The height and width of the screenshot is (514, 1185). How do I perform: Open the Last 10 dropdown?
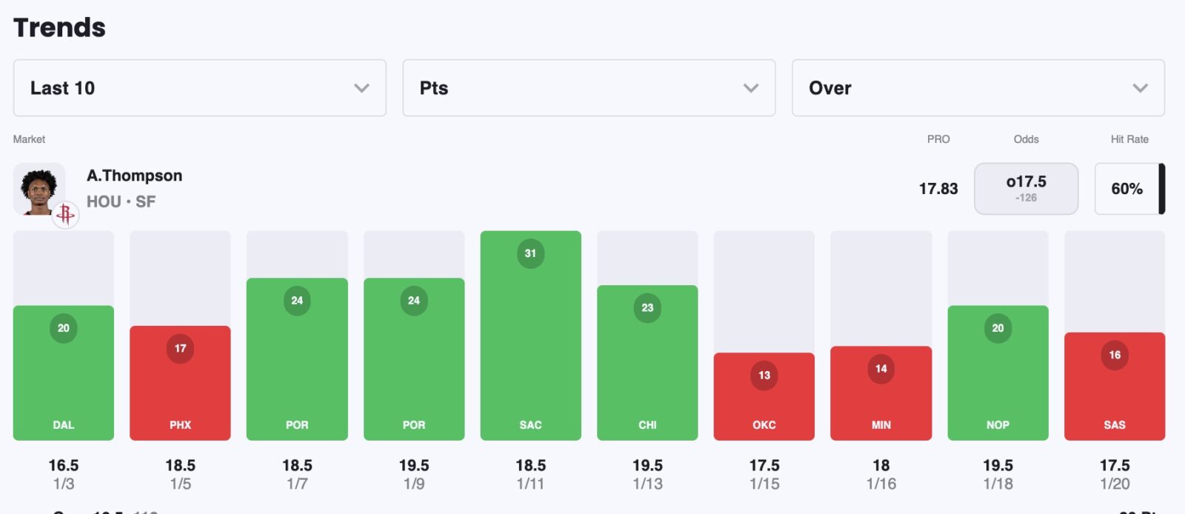199,88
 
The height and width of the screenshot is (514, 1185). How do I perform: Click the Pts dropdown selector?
589,88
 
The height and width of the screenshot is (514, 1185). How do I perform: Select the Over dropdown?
978,88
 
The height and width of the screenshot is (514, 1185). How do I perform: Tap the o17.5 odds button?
1026,189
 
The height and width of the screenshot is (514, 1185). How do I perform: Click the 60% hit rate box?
1126,189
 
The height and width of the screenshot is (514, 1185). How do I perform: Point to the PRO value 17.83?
938,189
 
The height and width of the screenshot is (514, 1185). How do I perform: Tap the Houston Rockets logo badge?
65,215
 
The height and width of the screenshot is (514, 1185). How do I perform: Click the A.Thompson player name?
134,176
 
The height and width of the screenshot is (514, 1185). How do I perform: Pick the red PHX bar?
180,389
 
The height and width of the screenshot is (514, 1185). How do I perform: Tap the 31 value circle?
530,253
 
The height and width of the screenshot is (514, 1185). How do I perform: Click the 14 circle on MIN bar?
881,369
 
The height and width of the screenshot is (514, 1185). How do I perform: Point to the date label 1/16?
881,484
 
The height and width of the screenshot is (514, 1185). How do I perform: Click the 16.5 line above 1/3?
64,465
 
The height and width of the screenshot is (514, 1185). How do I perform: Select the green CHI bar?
647,370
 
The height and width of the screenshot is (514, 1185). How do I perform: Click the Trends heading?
59,27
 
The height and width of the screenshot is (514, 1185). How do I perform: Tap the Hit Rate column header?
1129,139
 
